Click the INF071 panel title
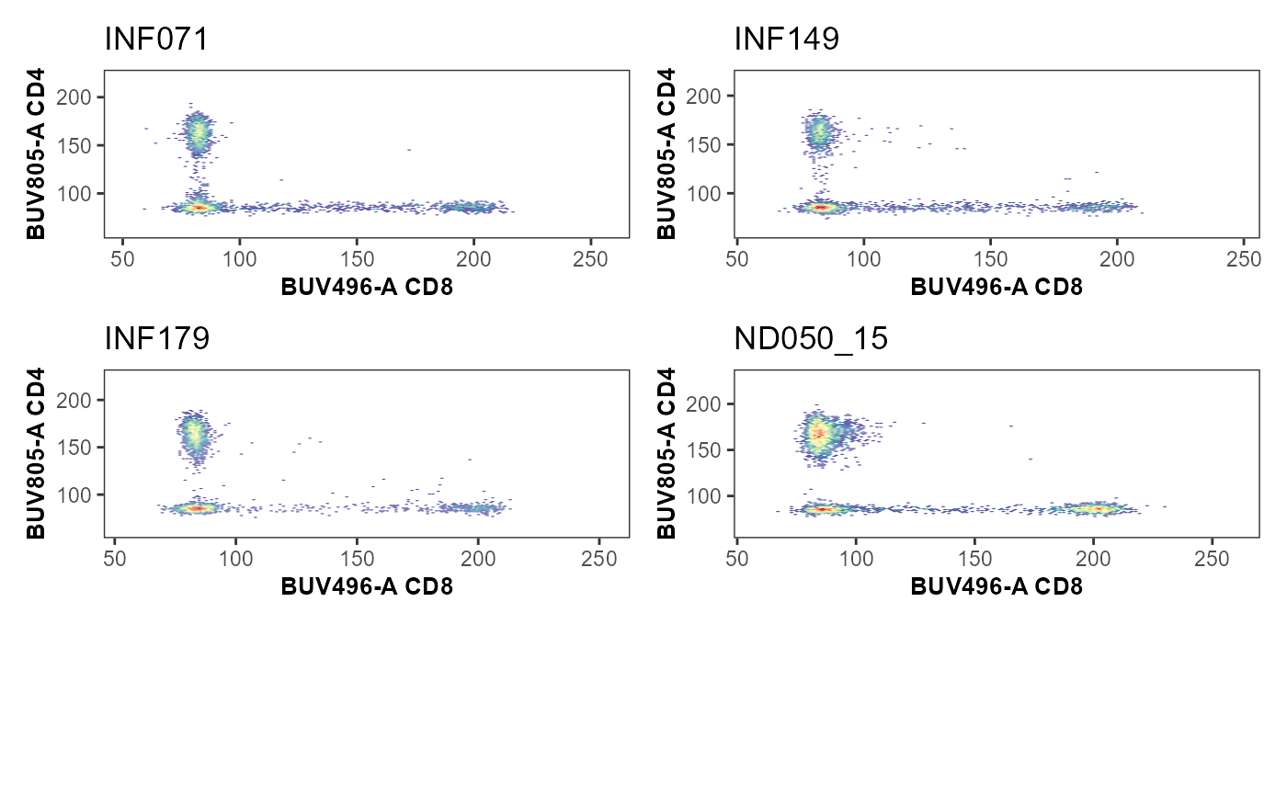[x=155, y=39]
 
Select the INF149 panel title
[x=787, y=39]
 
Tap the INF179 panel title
[x=157, y=338]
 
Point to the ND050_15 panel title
[x=811, y=338]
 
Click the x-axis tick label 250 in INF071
[x=590, y=259]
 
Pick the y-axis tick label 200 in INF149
[x=703, y=97]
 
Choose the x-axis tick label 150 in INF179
[x=357, y=559]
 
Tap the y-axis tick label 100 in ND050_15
[x=703, y=496]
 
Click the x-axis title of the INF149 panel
[x=997, y=287]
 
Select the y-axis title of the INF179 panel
[x=36, y=453]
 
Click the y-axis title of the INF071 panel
[x=36, y=153]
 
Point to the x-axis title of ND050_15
[x=997, y=586]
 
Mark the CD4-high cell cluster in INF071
[x=198, y=133]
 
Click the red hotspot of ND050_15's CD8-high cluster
[x=1097, y=508]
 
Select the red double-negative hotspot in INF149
[x=820, y=208]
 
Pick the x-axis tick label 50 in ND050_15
[x=737, y=559]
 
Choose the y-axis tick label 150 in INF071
[x=74, y=146]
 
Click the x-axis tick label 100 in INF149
[x=863, y=259]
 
